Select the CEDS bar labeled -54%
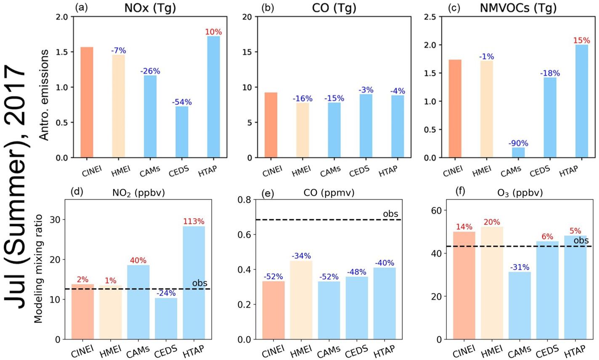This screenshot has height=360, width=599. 182,132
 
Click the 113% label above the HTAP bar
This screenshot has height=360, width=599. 193,221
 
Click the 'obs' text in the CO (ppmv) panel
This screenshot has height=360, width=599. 390,214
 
